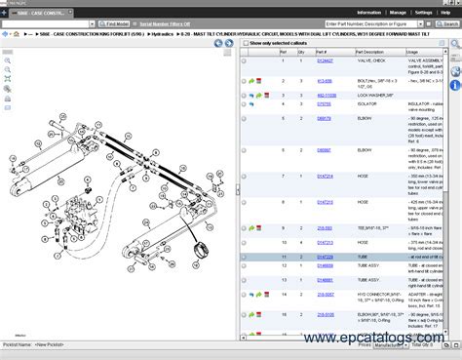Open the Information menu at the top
point(368,12)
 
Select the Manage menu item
point(398,12)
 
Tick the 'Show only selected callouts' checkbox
point(245,43)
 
